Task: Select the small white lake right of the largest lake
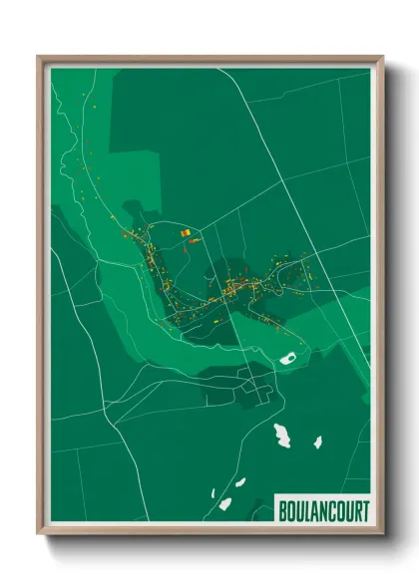[317, 441]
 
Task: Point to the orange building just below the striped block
[193, 240]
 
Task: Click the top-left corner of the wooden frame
[39, 57]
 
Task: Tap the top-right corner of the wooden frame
[382, 57]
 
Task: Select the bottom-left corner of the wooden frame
[39, 535]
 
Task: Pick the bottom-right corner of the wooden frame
[382, 535]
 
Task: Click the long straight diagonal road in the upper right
[299, 179]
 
